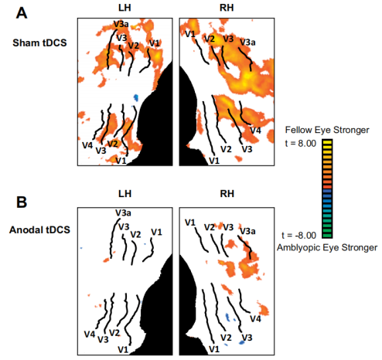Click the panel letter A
tap(22, 13)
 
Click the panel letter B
tap(22, 202)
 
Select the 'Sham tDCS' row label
tap(39, 42)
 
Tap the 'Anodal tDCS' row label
tap(39, 229)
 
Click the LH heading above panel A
tap(124, 8)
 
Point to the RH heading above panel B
tap(227, 194)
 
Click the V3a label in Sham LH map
tap(121, 24)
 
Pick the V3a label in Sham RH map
tap(247, 42)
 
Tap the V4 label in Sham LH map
tap(87, 145)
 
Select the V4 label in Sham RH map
tap(256, 131)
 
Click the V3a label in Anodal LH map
tap(123, 213)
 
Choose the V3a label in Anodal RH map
tap(247, 232)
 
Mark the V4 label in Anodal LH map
tap(90, 335)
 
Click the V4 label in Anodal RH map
tap(256, 319)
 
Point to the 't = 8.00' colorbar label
tap(301, 144)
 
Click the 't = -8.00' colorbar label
tap(299, 235)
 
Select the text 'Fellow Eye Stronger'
tap(327, 130)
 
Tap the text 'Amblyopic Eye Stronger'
tap(327, 247)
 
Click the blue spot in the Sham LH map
tap(136, 97)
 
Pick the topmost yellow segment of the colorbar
tap(327, 141)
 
